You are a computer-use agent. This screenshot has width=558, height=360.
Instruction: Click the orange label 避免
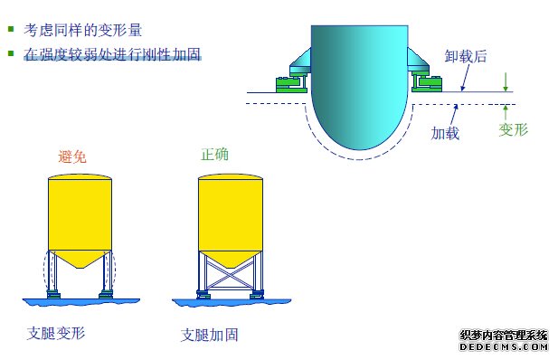(74, 155)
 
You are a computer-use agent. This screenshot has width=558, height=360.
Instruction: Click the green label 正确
(214, 154)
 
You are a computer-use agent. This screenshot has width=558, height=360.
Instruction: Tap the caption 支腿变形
(56, 333)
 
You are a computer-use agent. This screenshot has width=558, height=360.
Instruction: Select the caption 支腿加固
(210, 335)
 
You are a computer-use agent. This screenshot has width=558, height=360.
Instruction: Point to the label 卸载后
(466, 56)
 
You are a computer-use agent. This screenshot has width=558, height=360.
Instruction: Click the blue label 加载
(445, 132)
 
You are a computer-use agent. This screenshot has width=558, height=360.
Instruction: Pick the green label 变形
(513, 129)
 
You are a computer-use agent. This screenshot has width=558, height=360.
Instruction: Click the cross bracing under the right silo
(231, 270)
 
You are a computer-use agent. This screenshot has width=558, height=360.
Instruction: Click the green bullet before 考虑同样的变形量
(12, 30)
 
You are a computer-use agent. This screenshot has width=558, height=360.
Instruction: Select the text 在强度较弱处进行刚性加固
(111, 54)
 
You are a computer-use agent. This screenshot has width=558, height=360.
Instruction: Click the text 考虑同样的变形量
(83, 30)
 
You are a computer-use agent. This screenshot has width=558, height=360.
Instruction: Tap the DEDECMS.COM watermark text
(505, 346)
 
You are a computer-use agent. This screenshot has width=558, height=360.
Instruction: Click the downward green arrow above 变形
(506, 82)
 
